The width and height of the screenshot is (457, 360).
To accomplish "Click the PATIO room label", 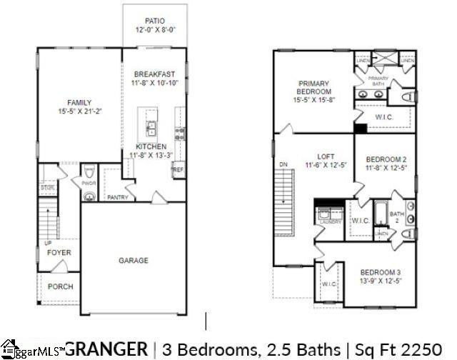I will click(x=155, y=21).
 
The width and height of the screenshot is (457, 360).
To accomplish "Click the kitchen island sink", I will click(x=151, y=129).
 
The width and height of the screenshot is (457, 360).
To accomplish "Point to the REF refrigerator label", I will click(x=178, y=171).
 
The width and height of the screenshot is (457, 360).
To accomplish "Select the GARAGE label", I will click(x=134, y=261).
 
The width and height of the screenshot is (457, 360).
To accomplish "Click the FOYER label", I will click(x=59, y=253).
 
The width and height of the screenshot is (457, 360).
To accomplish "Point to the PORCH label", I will click(x=61, y=286).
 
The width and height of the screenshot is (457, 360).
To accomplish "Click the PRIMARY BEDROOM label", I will click(x=315, y=88).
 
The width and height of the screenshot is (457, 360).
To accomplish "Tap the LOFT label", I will click(x=326, y=156).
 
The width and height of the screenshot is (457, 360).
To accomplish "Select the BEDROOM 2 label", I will click(x=386, y=159).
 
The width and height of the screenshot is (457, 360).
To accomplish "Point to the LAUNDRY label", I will click(x=330, y=222).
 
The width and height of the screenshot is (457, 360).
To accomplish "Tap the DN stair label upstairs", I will click(x=283, y=164).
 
